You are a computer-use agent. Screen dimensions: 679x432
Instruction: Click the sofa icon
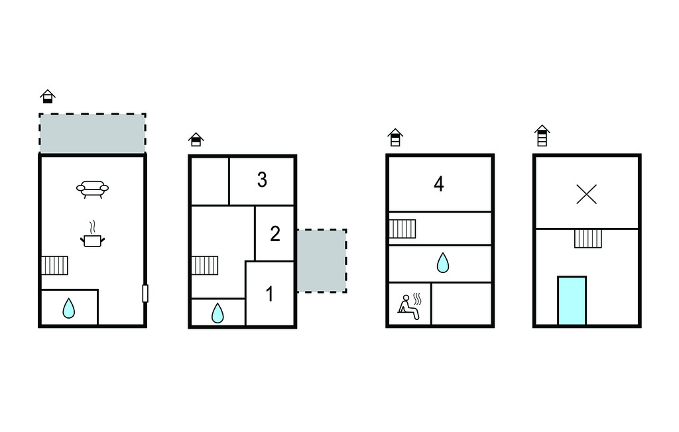click(x=92, y=189)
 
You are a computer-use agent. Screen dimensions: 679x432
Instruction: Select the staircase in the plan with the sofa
click(x=54, y=265)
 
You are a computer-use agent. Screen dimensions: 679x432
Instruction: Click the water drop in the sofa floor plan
click(x=68, y=308)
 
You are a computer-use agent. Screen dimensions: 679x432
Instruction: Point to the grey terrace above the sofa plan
click(x=92, y=133)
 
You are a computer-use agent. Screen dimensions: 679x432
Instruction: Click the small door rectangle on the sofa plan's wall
click(x=145, y=294)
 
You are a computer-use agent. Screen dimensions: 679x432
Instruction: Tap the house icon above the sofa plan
click(x=48, y=96)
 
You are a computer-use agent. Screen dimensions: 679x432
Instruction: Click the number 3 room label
click(x=262, y=180)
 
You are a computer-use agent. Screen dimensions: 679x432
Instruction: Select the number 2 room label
click(x=275, y=234)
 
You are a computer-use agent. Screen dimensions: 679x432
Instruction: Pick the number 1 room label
click(x=269, y=294)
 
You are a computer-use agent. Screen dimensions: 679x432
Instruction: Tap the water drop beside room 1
click(x=217, y=313)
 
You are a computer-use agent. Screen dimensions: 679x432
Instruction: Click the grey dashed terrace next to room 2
click(x=322, y=260)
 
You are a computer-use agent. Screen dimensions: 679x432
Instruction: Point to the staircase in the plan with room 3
click(x=205, y=265)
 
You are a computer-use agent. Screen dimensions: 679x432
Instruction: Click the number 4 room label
click(x=439, y=184)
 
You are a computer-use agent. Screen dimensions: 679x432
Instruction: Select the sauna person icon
click(x=409, y=307)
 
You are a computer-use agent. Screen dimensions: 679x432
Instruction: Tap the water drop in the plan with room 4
click(x=442, y=263)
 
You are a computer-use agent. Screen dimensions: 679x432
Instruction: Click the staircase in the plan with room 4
click(x=402, y=229)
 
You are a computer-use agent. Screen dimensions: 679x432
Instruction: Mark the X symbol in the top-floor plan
click(x=587, y=194)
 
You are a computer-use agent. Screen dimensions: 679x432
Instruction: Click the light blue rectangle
click(x=572, y=300)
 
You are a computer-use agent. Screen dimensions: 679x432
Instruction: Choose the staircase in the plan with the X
click(x=588, y=239)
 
